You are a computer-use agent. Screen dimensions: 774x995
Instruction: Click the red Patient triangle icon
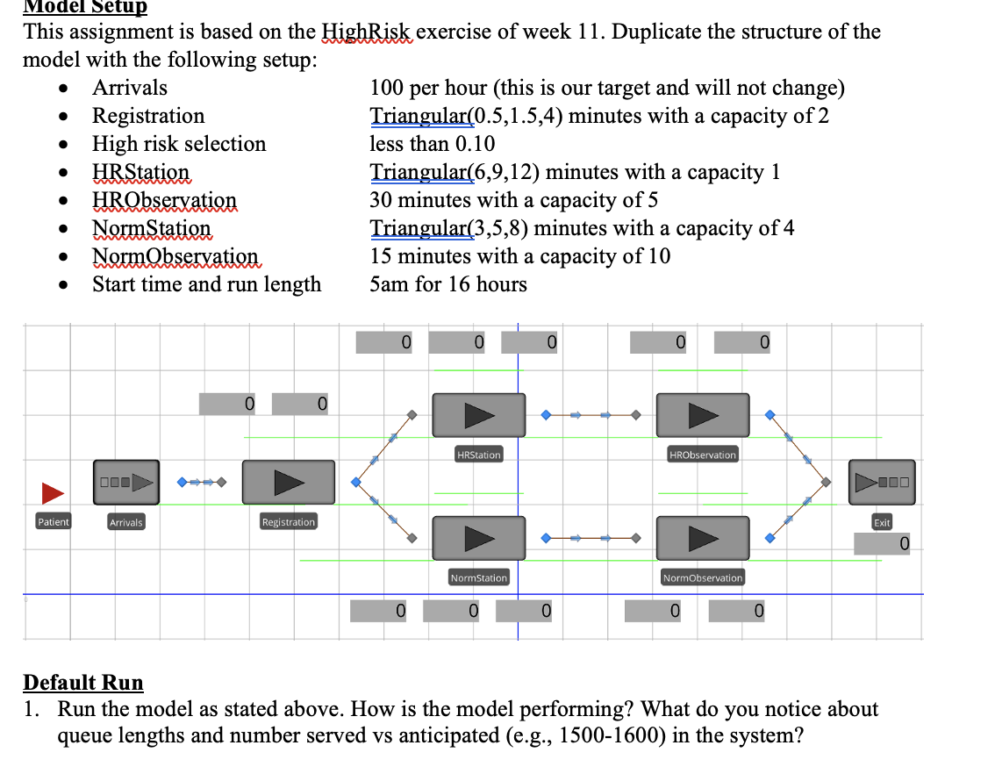(x=53, y=493)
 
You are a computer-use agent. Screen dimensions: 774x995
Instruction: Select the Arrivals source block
(x=126, y=482)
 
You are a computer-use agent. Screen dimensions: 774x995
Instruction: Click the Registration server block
(x=288, y=482)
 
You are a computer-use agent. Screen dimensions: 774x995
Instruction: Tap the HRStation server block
(x=479, y=414)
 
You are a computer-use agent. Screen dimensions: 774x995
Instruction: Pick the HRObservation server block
(x=703, y=414)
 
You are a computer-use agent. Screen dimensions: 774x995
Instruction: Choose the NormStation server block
(x=479, y=537)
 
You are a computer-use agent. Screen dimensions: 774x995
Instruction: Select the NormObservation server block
(x=703, y=537)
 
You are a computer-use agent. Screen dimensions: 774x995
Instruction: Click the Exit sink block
(x=882, y=482)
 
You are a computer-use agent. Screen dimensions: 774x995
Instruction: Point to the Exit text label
(x=882, y=522)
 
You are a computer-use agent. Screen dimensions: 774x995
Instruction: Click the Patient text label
(x=53, y=522)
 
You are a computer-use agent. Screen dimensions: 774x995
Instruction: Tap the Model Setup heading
(x=84, y=8)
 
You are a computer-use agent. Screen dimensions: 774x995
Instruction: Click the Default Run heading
(x=82, y=682)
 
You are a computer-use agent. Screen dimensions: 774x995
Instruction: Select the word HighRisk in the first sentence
(x=369, y=32)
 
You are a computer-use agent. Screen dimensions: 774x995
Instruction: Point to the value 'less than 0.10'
(x=432, y=144)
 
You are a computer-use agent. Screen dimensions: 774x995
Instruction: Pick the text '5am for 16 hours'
(x=448, y=284)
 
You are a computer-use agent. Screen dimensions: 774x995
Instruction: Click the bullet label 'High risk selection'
(x=179, y=144)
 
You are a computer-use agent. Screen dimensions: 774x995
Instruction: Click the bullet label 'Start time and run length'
(x=207, y=284)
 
